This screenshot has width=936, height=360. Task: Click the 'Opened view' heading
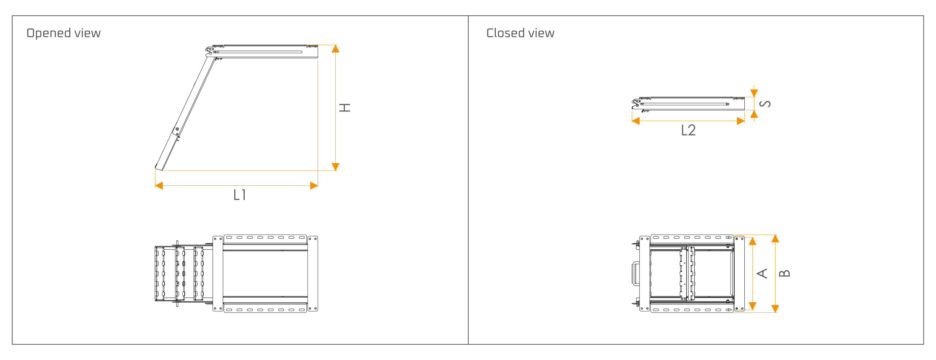63,33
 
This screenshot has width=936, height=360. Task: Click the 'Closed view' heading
520,33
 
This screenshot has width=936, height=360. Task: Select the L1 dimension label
239,195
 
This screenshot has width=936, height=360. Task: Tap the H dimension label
345,107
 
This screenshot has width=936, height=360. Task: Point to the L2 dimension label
688,130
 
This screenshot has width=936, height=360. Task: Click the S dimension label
765,104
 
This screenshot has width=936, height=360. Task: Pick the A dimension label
762,273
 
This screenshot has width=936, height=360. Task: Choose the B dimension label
785,273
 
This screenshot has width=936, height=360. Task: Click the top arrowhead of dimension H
335,49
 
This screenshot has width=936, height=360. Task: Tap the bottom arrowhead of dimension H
335,167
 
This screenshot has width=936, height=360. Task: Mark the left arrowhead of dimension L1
159,186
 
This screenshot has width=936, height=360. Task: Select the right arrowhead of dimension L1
314,186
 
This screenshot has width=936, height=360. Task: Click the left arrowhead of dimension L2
636,121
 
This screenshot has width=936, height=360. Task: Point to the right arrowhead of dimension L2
741,121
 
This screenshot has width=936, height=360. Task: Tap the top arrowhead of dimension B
775,239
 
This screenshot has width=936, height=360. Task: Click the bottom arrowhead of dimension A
752,306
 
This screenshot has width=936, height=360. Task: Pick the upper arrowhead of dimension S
754,93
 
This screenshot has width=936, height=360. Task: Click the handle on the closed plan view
635,273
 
